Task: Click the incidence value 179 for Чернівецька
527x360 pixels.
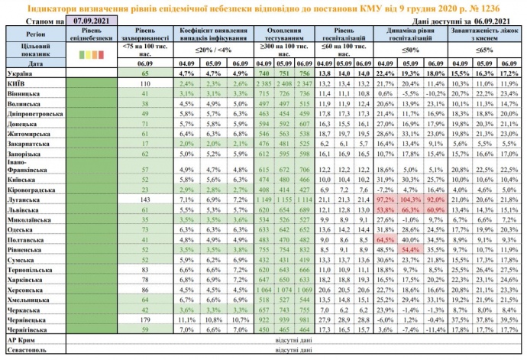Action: click(144, 319)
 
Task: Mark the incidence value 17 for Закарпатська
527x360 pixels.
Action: click(144, 143)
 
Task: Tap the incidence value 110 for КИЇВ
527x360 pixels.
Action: click(144, 82)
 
